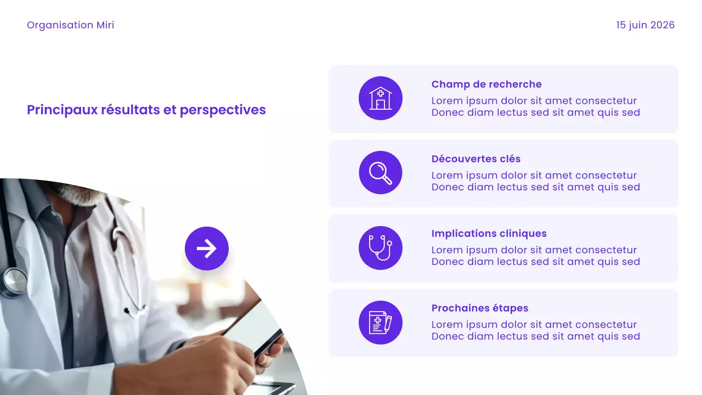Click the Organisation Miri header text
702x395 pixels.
point(70,25)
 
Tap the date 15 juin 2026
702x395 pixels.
point(645,25)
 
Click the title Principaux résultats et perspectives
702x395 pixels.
point(146,110)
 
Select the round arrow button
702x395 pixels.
point(207,249)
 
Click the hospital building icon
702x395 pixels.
point(381,99)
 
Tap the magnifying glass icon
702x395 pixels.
point(381,173)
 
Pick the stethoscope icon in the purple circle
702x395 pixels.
point(381,248)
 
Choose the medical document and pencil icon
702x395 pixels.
point(381,323)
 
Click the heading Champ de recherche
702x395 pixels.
point(486,84)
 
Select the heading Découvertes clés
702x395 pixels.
point(475,159)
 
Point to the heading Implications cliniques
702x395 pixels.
point(489,234)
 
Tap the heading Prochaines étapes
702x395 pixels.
point(479,308)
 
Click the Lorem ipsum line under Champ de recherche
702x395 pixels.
point(534,101)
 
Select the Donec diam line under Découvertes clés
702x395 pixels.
point(535,187)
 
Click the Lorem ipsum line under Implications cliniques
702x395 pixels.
point(534,250)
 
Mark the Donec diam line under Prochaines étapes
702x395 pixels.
point(535,336)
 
